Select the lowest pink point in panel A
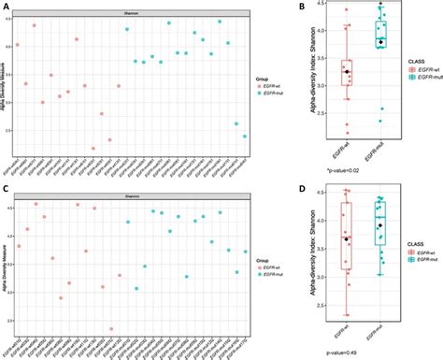(x=93, y=148)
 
